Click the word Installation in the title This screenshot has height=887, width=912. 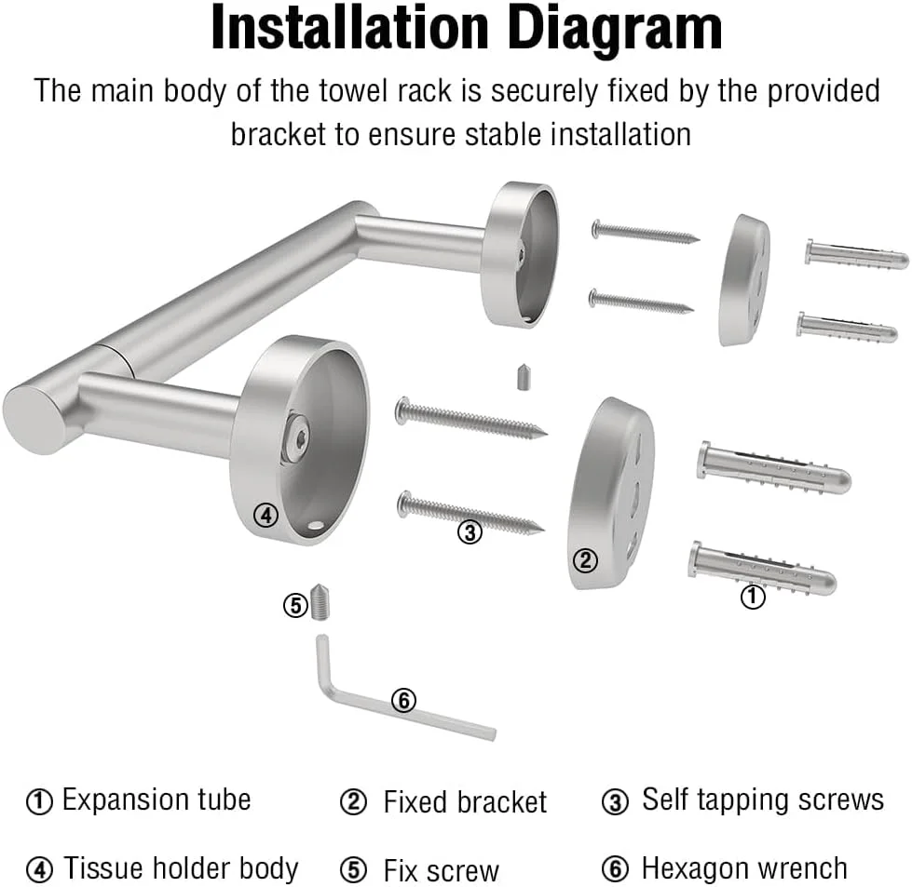point(349,27)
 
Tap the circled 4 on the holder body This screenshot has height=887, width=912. point(265,515)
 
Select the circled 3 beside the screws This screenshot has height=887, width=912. point(470,531)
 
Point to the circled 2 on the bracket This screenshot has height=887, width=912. point(585,559)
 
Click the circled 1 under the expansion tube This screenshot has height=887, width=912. point(752,597)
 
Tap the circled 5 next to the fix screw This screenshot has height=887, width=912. point(295,605)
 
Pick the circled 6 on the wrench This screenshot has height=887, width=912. point(403,700)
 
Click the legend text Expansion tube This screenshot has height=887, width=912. point(157,800)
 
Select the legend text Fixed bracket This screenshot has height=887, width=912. point(465,801)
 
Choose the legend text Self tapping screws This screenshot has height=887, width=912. point(763,800)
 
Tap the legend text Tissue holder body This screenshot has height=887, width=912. point(181,868)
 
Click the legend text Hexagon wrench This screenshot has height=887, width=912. point(744,869)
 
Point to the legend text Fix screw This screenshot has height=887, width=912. point(441,870)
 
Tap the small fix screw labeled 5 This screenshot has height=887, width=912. point(320,602)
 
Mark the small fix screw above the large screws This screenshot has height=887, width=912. point(524,377)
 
